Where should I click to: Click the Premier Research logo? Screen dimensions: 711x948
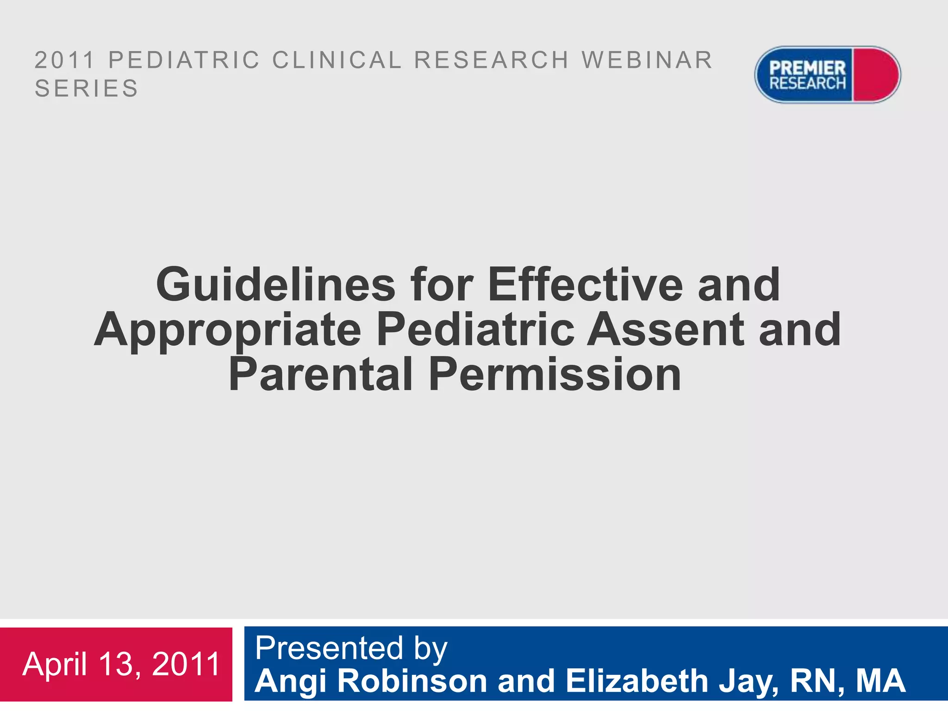[x=827, y=75]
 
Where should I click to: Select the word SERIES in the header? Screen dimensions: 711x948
[x=87, y=88]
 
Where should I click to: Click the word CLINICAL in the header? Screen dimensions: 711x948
[x=337, y=60]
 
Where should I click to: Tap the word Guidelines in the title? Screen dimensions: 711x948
[x=276, y=285]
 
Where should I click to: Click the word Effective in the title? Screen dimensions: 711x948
[x=585, y=285]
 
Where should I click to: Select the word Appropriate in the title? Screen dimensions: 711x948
[x=228, y=330]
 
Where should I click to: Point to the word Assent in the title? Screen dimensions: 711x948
[x=666, y=329]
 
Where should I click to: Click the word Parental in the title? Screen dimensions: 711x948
[x=320, y=374]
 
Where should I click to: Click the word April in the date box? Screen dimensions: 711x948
[x=55, y=665]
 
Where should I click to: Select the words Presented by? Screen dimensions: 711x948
[x=351, y=648]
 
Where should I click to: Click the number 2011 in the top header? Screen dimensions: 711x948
[x=65, y=60]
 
